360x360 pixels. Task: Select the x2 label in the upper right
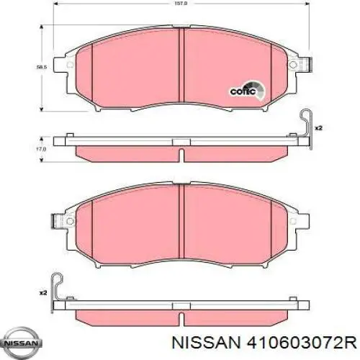[318, 128]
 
